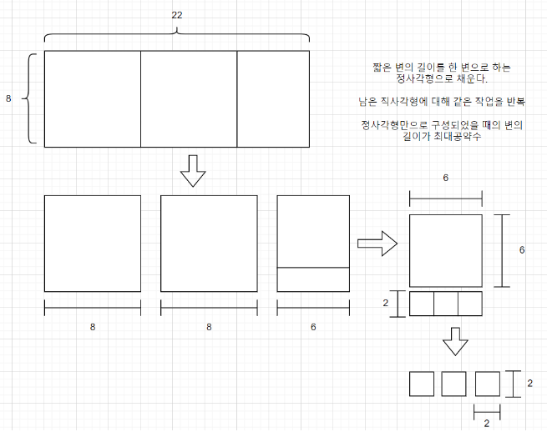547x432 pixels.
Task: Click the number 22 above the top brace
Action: (x=176, y=15)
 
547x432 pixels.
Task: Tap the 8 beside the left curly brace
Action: (x=8, y=99)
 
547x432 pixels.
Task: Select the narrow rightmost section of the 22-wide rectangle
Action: (x=273, y=99)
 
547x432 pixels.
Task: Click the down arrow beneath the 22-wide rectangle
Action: (x=193, y=171)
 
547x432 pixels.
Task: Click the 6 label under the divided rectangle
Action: (x=313, y=328)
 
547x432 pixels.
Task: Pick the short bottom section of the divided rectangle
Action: (x=313, y=279)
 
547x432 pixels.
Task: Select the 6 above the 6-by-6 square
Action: (x=446, y=178)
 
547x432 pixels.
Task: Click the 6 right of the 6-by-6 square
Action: (x=522, y=250)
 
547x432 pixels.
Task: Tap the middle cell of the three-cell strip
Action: (x=446, y=304)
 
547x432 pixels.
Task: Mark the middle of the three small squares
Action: (x=453, y=384)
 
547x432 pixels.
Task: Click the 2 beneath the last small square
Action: (x=487, y=423)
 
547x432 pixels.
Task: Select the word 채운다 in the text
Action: (x=468, y=79)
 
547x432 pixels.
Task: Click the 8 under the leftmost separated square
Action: (x=92, y=328)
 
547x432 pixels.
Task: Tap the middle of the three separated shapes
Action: (x=209, y=244)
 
